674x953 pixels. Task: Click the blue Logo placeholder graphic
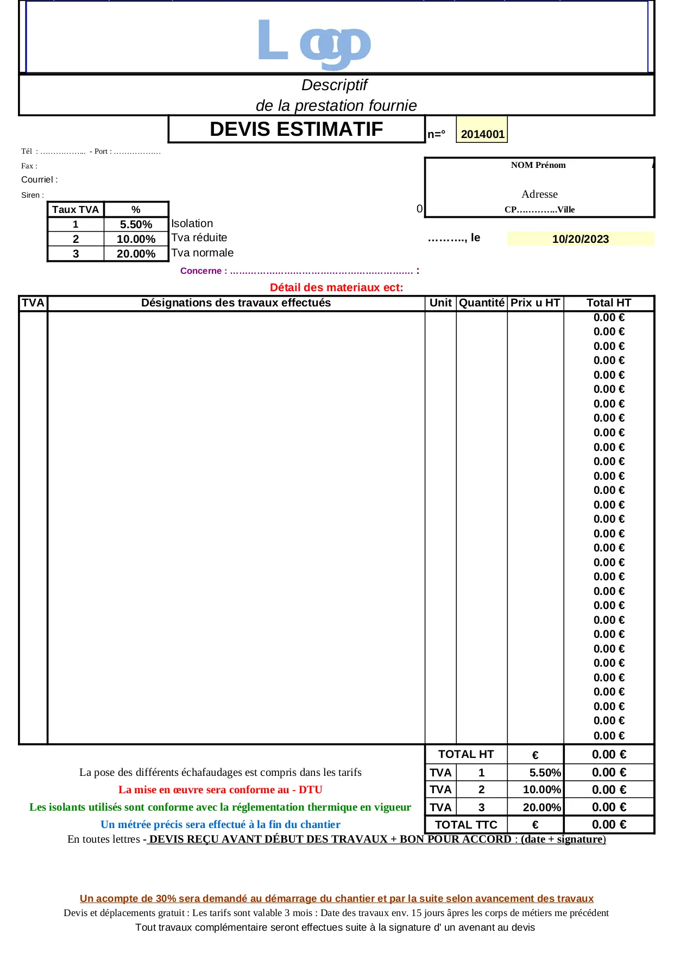tap(314, 41)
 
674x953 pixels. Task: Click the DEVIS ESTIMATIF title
tap(297, 129)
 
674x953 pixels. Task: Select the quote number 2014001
tap(482, 134)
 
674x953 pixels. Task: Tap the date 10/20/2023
tap(580, 239)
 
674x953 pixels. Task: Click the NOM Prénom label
tap(538, 165)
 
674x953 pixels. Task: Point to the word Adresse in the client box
tap(539, 194)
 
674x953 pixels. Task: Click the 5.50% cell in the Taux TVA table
tap(136, 224)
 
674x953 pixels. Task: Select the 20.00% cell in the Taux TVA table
tap(136, 254)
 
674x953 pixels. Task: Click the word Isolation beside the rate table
tap(192, 223)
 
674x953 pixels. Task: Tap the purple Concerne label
tap(204, 271)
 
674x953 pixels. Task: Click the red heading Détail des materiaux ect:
tap(336, 287)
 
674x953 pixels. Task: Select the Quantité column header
tap(482, 303)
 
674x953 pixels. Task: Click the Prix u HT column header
tap(535, 303)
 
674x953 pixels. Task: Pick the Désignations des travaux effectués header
tap(236, 303)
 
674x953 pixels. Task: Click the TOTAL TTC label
tap(466, 825)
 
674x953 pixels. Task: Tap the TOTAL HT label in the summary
tap(466, 754)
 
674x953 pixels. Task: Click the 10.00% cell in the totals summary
tap(541, 789)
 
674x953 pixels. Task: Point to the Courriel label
tap(39, 179)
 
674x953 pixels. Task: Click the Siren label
tap(33, 195)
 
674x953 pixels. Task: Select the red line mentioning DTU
tap(221, 789)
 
